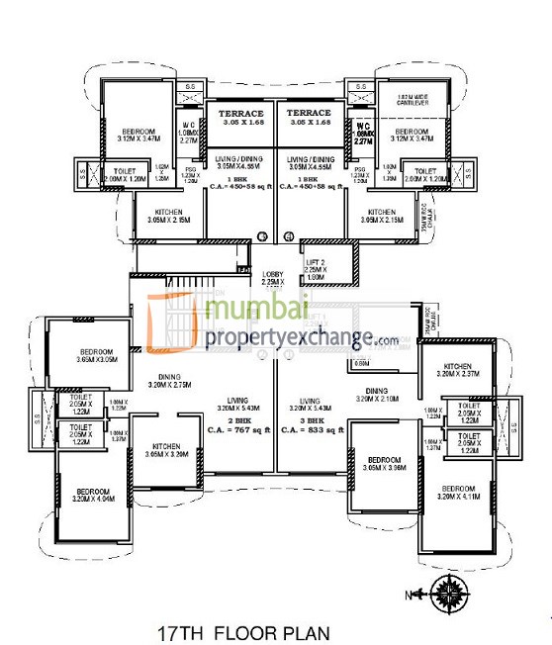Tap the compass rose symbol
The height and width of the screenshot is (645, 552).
450,592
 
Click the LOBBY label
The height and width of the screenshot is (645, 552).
274,278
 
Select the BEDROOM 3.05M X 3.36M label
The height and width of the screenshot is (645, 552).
384,465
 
